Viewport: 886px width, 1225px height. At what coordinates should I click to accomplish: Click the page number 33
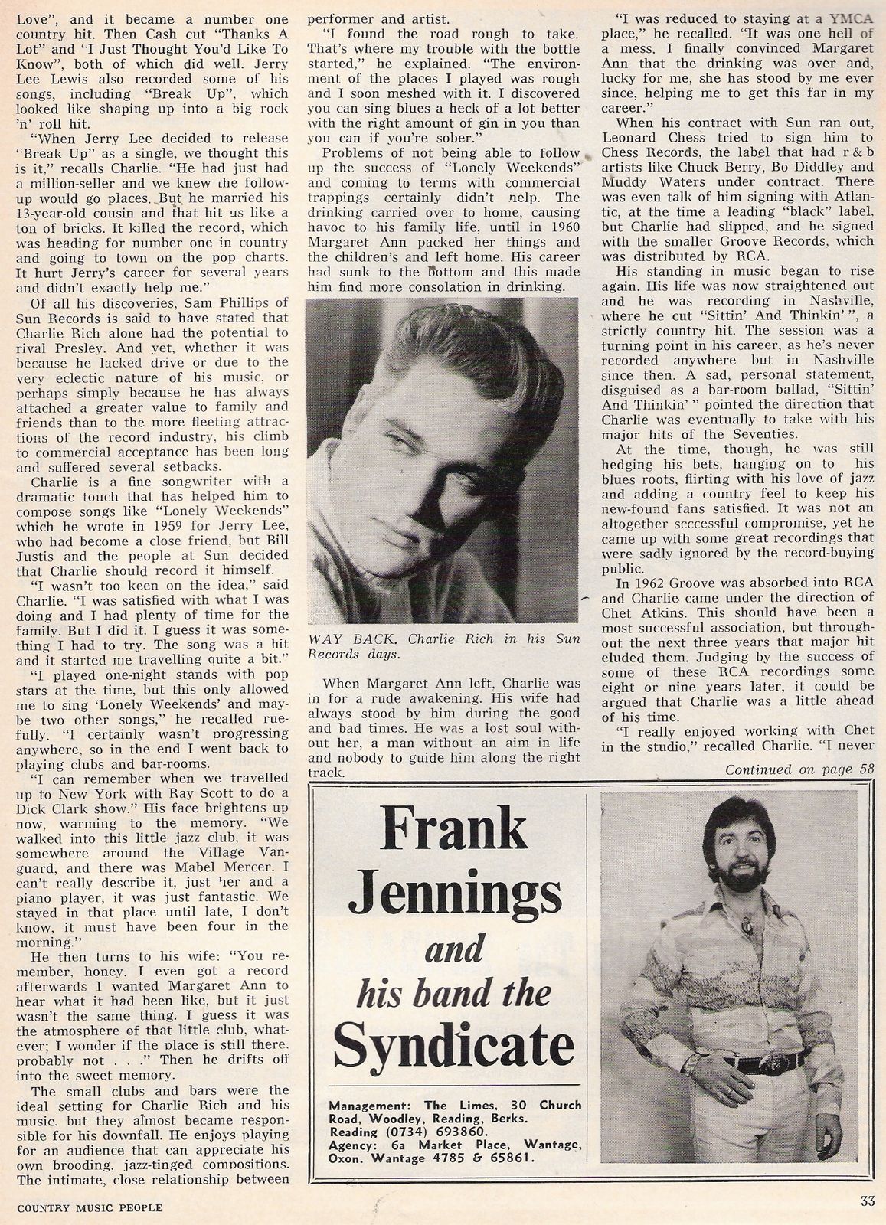865,1201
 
